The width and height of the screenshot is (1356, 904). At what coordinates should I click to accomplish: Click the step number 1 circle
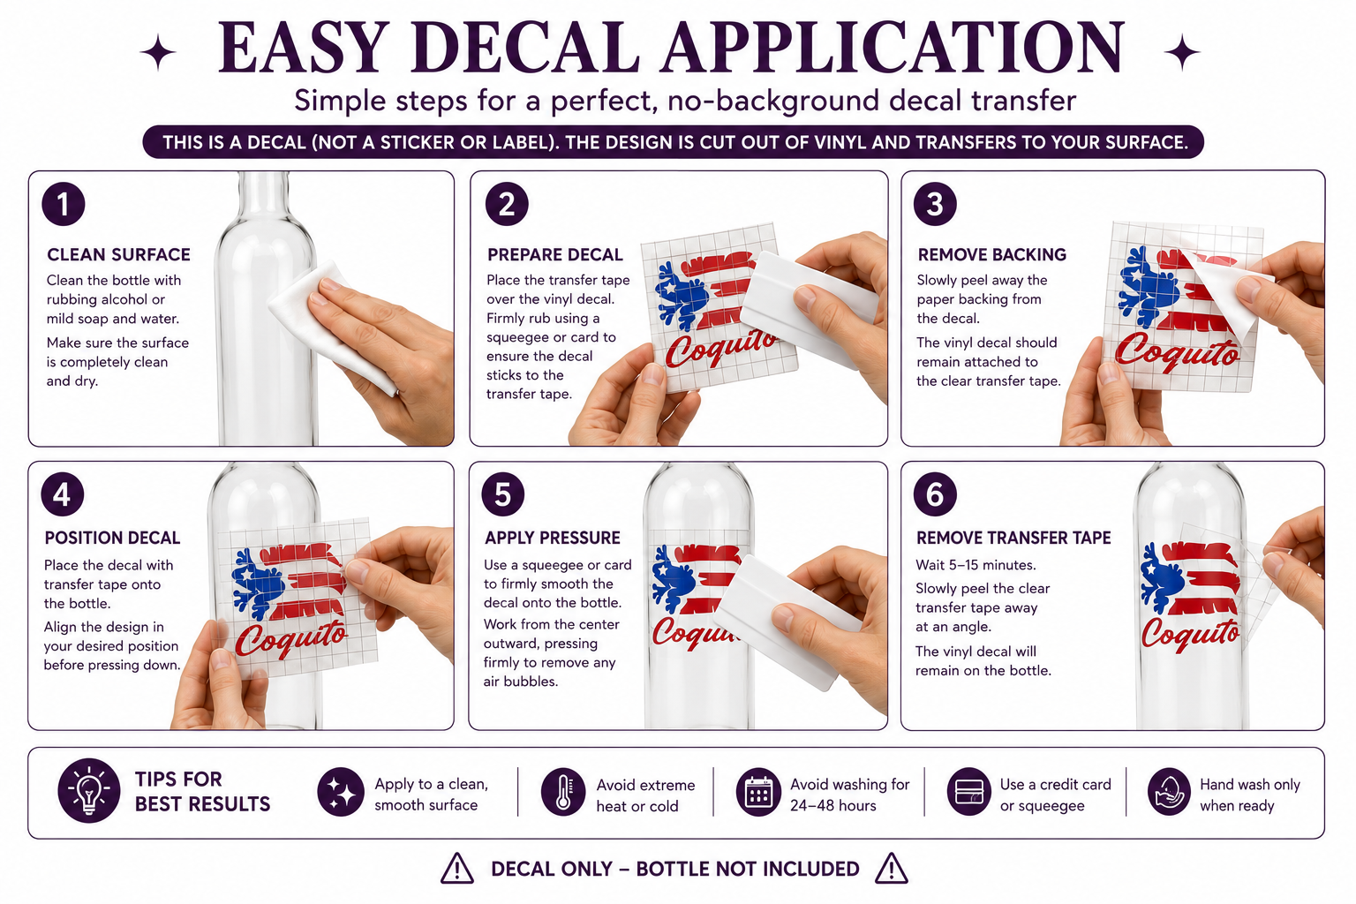[63, 204]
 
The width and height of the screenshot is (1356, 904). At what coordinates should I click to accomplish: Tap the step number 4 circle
[63, 494]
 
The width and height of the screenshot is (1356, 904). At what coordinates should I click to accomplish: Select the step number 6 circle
[935, 494]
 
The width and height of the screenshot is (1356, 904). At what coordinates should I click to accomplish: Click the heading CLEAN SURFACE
[118, 255]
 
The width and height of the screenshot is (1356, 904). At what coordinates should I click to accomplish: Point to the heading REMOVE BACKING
[991, 255]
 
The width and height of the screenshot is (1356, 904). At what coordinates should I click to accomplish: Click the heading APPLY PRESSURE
[552, 538]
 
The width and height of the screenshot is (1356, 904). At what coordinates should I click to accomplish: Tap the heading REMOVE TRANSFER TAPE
[1013, 538]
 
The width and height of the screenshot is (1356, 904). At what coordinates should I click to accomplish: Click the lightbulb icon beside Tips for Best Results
[89, 791]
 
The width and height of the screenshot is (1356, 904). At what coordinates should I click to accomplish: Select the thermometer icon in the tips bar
[563, 792]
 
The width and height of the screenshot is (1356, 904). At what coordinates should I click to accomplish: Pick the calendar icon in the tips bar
[758, 792]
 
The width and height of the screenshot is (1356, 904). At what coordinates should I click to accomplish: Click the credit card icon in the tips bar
[969, 792]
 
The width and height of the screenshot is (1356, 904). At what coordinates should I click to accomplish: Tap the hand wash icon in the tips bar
[1169, 792]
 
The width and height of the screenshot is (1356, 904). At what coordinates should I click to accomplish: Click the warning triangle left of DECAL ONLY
[457, 869]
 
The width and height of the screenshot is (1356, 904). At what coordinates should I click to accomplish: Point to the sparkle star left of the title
[158, 53]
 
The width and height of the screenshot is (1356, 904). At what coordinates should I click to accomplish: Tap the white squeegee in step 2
[808, 309]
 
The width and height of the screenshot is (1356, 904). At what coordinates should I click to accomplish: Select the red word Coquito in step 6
[1190, 633]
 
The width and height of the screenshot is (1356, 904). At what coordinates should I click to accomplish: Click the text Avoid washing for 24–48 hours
[849, 795]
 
